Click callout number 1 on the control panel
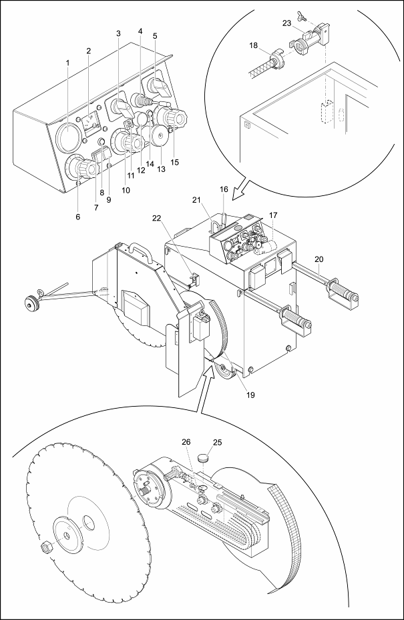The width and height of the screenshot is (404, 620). click(x=67, y=63)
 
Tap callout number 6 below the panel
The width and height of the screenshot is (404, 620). click(x=78, y=217)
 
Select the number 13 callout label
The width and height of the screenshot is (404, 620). click(x=161, y=169)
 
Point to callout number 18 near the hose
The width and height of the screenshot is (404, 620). click(x=254, y=45)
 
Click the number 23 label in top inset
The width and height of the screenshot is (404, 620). click(x=286, y=23)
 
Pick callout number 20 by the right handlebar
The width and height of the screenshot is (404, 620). click(x=319, y=259)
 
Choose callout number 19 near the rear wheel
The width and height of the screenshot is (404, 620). click(x=250, y=395)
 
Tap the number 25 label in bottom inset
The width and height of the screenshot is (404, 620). click(x=218, y=443)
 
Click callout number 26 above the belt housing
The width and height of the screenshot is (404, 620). click(x=186, y=442)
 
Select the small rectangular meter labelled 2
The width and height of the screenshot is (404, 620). click(x=90, y=124)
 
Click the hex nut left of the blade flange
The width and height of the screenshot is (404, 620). click(x=45, y=547)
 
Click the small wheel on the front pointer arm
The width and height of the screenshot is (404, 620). click(x=31, y=303)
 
